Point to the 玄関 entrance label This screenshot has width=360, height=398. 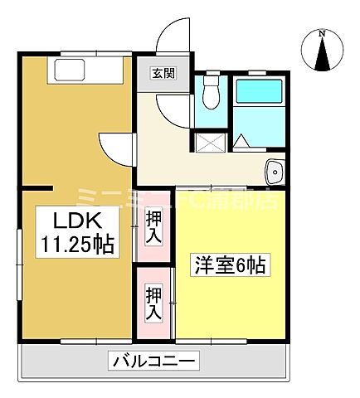(x=162, y=73)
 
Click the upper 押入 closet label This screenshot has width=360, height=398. (x=154, y=227)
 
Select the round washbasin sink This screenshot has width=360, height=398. (x=275, y=172)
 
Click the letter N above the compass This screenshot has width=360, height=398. (x=322, y=33)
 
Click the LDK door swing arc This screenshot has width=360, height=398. (x=114, y=148)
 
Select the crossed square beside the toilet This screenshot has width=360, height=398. (x=209, y=143)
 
